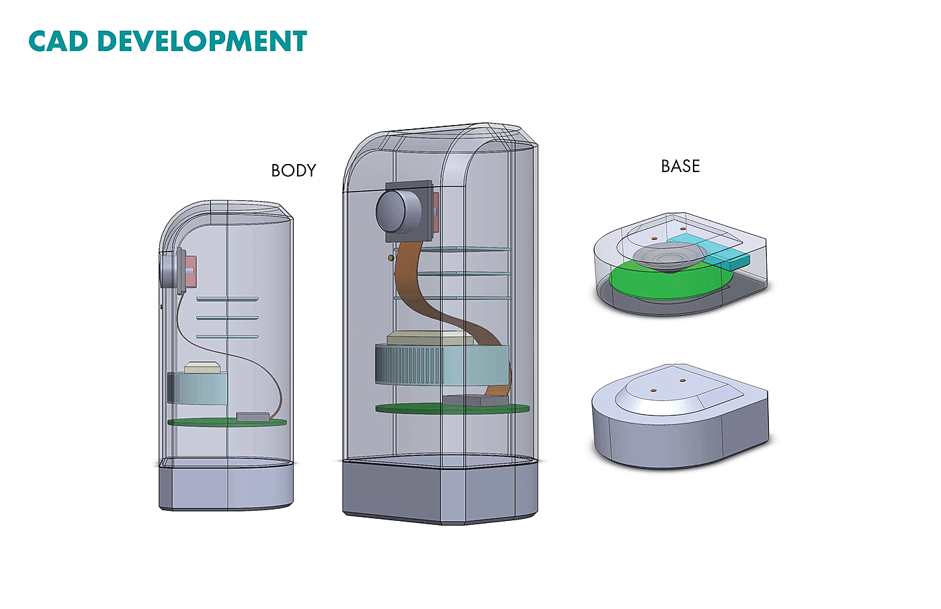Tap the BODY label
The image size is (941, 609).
coord(293,171)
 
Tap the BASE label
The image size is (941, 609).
coord(680,166)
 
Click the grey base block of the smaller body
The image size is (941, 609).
coord(227,487)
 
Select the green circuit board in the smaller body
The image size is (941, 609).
coord(202,422)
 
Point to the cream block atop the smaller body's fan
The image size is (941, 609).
coord(202,367)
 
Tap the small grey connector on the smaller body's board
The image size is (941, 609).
coord(253,417)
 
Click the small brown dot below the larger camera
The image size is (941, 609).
coord(391,257)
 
